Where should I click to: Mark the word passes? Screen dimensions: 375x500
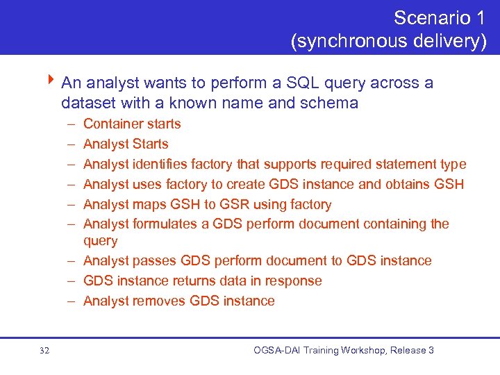pyautogui.click(x=156, y=261)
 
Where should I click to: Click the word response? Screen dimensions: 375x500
pyautogui.click(x=294, y=281)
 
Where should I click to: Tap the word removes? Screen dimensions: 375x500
pyautogui.click(x=160, y=301)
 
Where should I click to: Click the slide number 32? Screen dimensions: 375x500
pyautogui.click(x=45, y=351)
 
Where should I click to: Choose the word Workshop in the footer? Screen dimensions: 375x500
pyautogui.click(x=358, y=351)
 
